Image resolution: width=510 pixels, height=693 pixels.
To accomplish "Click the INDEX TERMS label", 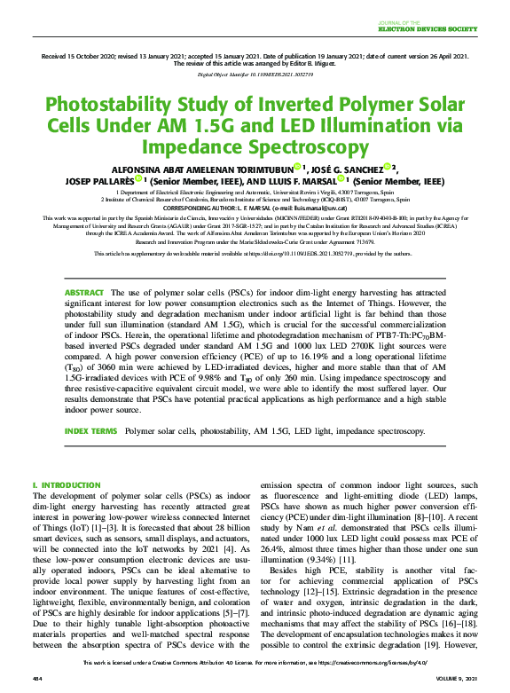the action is (90, 430).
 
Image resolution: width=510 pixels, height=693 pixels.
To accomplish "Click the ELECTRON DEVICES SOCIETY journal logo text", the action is (450, 28).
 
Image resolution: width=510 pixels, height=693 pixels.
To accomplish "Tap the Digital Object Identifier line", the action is (255, 75).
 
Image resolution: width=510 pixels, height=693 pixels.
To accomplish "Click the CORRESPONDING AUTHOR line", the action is (255, 208).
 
